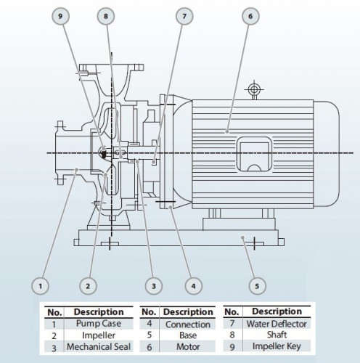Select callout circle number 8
pos(107,16)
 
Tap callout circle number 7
pos(184,16)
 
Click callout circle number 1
pos(42,285)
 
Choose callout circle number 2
pos(88,285)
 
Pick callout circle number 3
pos(152,285)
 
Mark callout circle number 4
pos(192,285)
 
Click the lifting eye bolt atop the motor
pos(253,90)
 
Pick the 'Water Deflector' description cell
pos(277,324)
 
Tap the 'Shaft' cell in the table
pos(277,336)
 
